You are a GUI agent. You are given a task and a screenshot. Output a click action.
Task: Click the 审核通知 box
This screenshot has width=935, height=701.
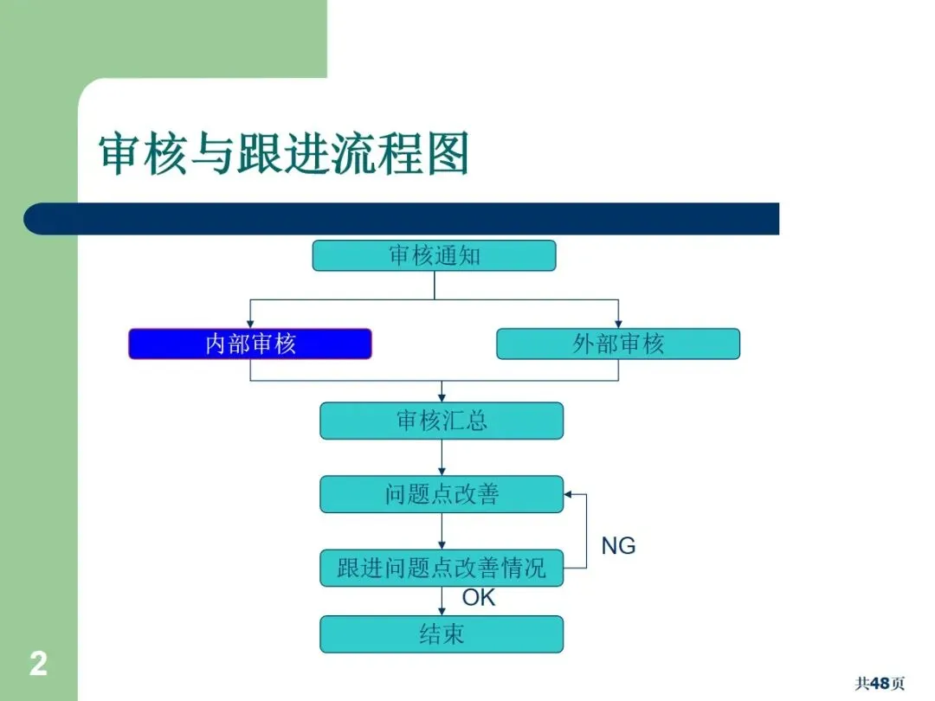[x=434, y=255]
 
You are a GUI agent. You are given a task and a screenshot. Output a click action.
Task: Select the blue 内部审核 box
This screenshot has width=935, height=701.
[x=250, y=344]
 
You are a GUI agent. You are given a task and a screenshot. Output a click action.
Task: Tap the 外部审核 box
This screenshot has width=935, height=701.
[x=618, y=344]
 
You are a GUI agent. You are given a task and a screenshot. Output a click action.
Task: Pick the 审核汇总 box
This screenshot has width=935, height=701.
[x=442, y=421]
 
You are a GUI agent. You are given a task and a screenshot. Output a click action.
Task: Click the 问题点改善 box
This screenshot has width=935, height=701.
[x=442, y=494]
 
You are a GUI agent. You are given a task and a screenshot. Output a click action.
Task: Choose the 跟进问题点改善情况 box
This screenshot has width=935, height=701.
[x=442, y=568]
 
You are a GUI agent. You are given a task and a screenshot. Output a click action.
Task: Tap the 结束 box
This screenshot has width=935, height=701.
[x=442, y=634]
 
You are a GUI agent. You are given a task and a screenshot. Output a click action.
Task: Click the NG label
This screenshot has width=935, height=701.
[x=618, y=546]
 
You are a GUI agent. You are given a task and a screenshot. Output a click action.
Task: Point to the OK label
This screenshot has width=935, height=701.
[x=478, y=598]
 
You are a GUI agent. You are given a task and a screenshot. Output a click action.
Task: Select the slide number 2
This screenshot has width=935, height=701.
[x=38, y=665]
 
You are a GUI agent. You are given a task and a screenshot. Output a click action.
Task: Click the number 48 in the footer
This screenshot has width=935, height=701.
[x=880, y=684]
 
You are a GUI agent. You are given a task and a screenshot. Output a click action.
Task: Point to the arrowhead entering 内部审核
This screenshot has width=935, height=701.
[x=250, y=324]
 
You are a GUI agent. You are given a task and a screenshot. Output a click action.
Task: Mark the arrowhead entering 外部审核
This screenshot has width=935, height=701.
[x=618, y=324]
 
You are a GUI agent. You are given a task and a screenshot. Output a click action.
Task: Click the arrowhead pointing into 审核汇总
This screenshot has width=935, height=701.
[x=442, y=398]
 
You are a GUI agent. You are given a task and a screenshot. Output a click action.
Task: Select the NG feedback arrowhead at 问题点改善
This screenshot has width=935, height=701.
[x=569, y=494]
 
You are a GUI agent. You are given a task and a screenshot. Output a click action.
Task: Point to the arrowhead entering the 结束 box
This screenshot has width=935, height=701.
[x=442, y=611]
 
